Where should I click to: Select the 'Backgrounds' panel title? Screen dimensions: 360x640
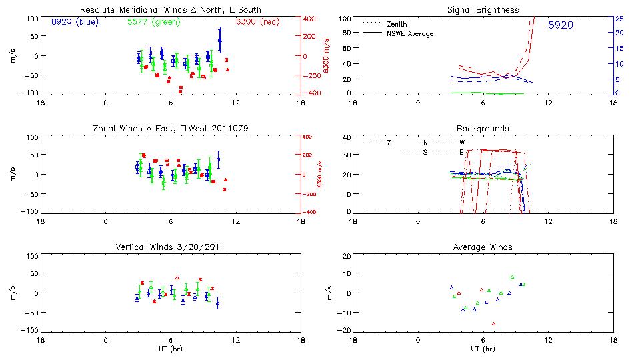click(483, 129)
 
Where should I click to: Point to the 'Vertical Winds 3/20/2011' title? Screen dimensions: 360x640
click(170, 247)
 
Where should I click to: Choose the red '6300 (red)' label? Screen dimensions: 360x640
click(259, 22)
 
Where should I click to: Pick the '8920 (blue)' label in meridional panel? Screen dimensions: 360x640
click(75, 22)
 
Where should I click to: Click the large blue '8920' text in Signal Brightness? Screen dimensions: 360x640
click(560, 25)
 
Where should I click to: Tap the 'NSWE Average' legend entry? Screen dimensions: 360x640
click(411, 33)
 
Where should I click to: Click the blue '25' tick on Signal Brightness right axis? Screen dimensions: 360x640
click(619, 19)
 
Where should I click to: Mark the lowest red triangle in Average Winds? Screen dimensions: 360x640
click(493, 324)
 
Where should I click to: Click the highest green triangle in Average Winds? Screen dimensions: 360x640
click(512, 277)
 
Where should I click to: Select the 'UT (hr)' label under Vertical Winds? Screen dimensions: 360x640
click(170, 349)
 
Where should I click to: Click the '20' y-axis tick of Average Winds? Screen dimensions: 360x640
click(346, 256)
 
